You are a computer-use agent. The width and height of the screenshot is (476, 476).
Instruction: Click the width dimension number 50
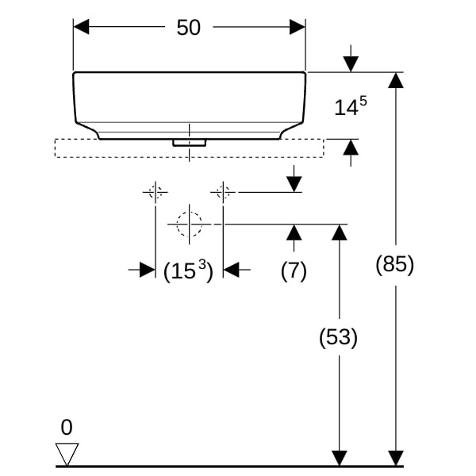(189, 27)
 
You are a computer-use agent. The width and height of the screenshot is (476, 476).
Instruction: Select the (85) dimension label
(395, 265)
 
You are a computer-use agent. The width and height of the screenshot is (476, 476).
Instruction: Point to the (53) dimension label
(339, 337)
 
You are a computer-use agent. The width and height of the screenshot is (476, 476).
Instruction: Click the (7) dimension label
(294, 271)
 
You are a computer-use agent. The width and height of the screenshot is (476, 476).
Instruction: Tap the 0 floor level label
(67, 428)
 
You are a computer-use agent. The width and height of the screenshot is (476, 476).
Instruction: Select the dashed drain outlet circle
(189, 225)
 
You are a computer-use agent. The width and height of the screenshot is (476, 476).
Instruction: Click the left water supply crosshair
(155, 191)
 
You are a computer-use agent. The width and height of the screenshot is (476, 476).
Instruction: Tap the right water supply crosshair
(223, 191)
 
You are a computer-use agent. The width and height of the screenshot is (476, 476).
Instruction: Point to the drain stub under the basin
(189, 143)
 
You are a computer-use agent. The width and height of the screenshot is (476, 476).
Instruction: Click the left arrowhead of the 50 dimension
(81, 27)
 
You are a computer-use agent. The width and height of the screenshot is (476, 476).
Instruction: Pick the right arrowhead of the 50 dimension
(297, 27)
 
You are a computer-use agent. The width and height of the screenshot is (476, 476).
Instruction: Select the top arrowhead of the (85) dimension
(395, 80)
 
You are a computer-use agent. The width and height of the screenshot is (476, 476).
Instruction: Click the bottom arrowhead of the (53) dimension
(340, 458)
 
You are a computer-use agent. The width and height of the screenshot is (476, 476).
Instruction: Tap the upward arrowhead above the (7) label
(294, 232)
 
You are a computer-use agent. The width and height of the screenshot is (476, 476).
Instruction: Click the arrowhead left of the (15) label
(147, 270)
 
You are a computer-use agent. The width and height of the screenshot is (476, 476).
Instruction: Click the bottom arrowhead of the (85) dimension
(395, 458)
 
